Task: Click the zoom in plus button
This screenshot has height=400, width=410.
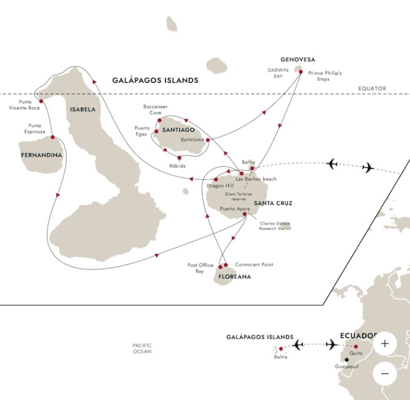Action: coord(384,344)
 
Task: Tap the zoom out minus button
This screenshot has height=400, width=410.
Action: coord(384,374)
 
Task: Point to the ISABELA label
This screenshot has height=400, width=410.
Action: coord(83,108)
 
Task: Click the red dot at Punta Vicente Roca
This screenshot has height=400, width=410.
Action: coord(40,99)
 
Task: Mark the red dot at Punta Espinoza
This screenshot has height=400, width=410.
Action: coord(52,137)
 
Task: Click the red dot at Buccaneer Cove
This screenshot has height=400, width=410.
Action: coord(160,120)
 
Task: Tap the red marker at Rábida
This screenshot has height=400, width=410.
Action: coord(179,157)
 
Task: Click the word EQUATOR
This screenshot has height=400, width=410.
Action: coord(372,88)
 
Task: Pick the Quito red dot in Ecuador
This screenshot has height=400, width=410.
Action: coord(356,347)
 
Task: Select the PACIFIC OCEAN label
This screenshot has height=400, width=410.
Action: coord(143,349)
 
